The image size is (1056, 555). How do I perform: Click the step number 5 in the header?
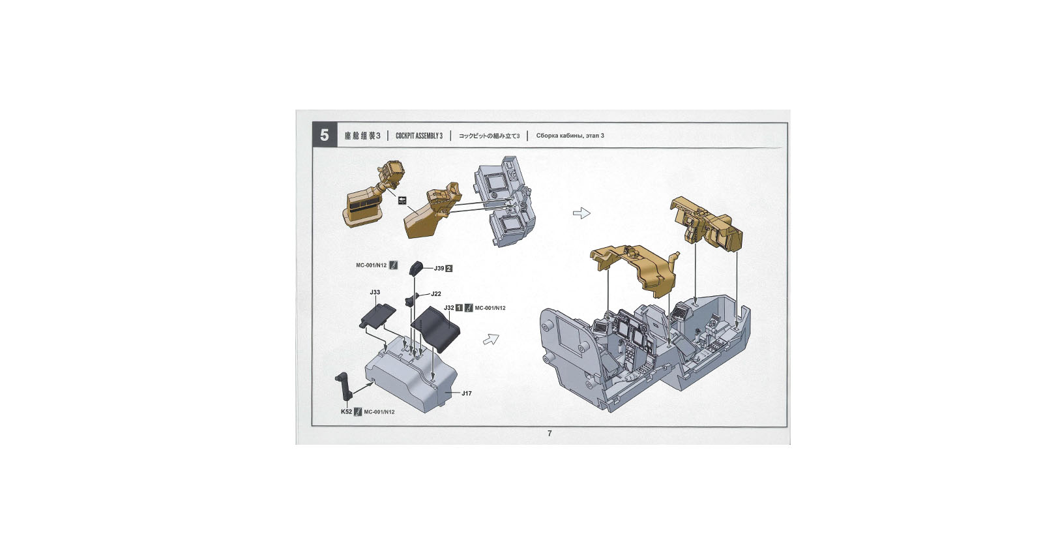tap(325, 136)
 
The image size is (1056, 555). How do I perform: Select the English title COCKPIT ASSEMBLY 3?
tap(419, 136)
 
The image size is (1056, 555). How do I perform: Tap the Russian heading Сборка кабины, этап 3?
tap(570, 136)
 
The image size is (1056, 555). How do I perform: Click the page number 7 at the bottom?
tap(550, 433)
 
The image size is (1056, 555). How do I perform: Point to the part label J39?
tap(439, 268)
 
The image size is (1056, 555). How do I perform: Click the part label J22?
tap(436, 293)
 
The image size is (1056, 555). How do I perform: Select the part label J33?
tap(375, 292)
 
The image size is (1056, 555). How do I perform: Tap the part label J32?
tap(448, 308)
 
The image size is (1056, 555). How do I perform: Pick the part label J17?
tap(466, 393)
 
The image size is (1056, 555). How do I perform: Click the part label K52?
tap(347, 412)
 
